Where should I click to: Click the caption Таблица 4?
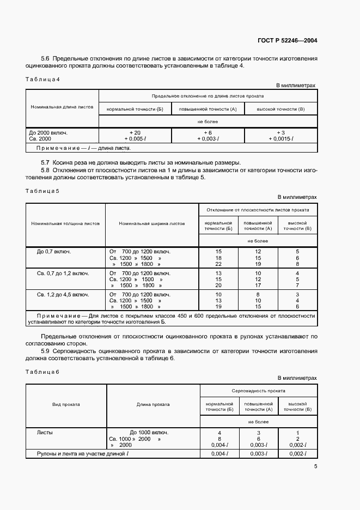[x=42, y=80]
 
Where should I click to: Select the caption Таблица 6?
[x=42, y=372]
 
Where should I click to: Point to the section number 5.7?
[x=46, y=162]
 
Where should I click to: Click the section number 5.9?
[x=46, y=351]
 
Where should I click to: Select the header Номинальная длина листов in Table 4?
[x=62, y=107]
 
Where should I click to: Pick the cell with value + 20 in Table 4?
[x=135, y=132]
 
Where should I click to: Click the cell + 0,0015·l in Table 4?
[x=281, y=139]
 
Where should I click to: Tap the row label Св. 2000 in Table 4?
[x=41, y=139]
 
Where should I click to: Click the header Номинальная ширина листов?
[x=151, y=223]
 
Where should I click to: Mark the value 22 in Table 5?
[x=218, y=264]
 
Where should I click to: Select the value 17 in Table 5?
[x=258, y=285]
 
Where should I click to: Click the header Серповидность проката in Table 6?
[x=258, y=391]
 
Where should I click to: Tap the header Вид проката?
[x=66, y=404]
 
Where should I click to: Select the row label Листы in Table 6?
[x=45, y=432]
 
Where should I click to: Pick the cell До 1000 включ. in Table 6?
[x=149, y=432]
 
